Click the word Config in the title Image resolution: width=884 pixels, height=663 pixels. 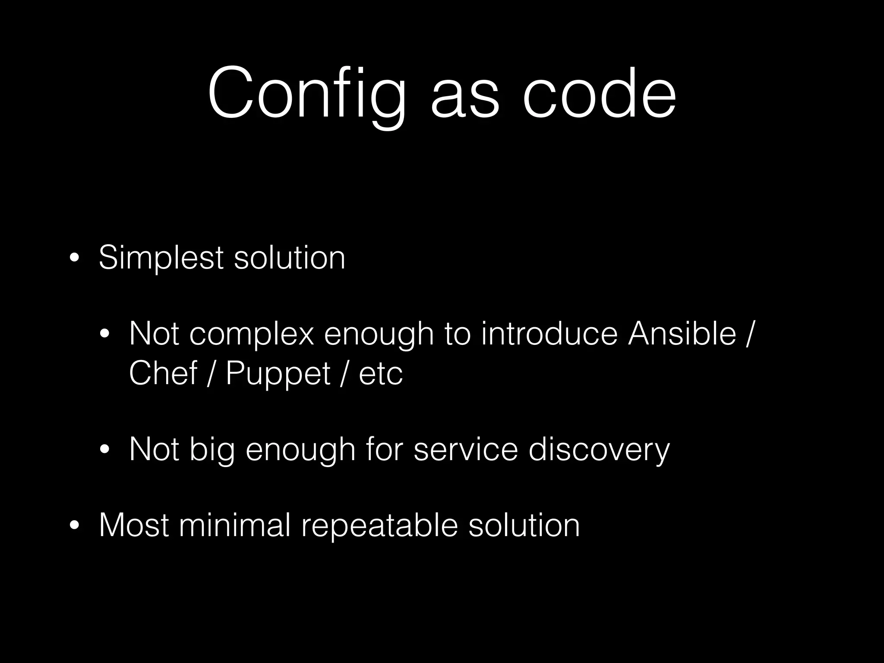[306, 93]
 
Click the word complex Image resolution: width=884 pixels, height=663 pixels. [251, 335]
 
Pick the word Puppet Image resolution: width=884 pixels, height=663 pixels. [278, 374]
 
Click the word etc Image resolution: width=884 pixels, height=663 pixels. [381, 374]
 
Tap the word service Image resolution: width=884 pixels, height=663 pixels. [465, 450]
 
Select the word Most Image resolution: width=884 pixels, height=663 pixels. [134, 525]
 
